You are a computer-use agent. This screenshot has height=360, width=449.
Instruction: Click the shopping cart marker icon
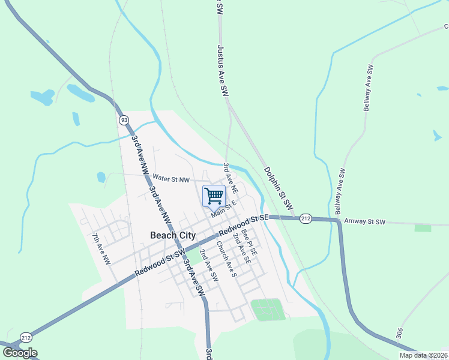(x=214, y=196)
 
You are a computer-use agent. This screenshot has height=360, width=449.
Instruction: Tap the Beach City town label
(x=172, y=235)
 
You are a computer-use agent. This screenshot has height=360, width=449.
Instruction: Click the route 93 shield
(x=124, y=119)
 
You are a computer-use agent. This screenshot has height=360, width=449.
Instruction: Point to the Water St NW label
(x=171, y=178)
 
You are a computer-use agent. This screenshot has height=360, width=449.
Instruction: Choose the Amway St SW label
(x=364, y=221)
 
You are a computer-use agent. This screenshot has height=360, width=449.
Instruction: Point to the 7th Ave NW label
(x=101, y=249)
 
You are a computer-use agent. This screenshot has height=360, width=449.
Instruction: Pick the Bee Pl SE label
(x=249, y=241)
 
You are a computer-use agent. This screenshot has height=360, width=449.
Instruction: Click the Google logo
(x=20, y=353)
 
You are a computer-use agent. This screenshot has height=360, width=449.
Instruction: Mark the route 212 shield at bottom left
(x=26, y=338)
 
